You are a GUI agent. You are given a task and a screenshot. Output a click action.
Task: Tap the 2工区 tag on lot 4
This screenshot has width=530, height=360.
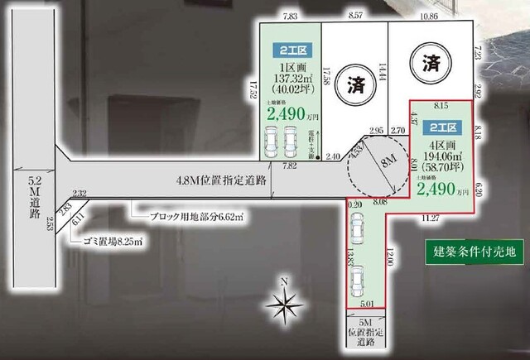(x=440, y=129)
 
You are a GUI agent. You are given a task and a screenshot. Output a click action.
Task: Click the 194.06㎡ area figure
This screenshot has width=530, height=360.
(x=440, y=155)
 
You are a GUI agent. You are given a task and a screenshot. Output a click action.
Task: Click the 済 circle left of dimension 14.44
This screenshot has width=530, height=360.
(x=354, y=84)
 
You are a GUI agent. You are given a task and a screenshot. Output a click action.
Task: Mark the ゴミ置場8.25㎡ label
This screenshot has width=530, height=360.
(x=113, y=241)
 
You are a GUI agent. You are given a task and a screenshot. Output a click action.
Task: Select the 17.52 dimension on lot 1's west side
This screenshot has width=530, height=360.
(x=253, y=89)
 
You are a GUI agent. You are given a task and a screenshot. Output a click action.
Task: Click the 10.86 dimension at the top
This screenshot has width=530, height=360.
(x=429, y=15)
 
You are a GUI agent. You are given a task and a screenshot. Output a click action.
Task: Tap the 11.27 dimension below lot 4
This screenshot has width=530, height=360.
(x=430, y=218)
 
